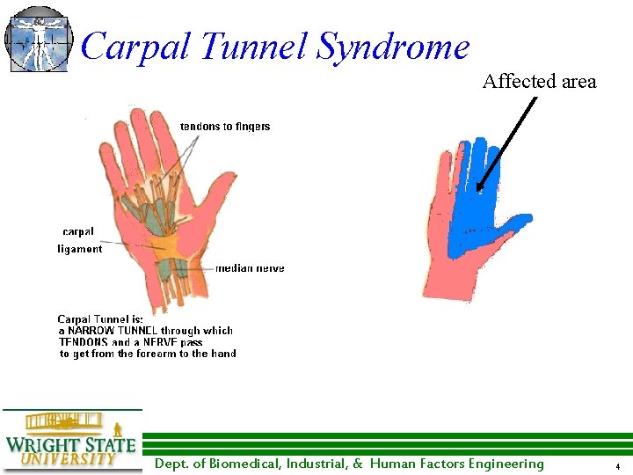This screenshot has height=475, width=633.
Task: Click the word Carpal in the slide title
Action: [x=135, y=47]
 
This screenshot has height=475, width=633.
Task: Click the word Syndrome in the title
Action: [x=393, y=47]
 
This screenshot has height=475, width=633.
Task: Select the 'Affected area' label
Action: [x=539, y=82]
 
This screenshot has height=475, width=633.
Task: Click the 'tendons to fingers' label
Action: [x=225, y=127]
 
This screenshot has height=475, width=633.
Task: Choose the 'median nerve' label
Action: [x=250, y=268]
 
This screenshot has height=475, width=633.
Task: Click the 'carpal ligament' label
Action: [x=80, y=240]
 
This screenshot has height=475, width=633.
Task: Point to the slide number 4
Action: [x=618, y=466]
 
